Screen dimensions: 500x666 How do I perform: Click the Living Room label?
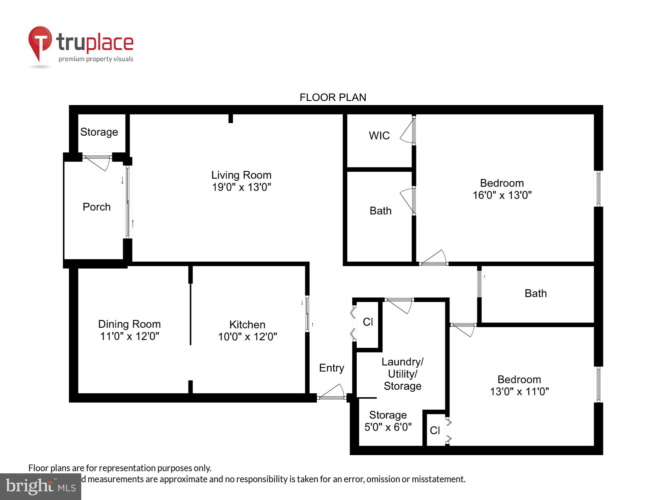click(241, 175)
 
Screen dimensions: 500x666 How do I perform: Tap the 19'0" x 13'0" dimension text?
click(241, 187)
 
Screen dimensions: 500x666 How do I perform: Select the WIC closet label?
click(379, 136)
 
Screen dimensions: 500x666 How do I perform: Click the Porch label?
click(97, 207)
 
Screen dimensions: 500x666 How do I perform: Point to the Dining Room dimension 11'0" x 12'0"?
click(130, 336)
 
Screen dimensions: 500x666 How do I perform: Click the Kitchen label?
click(247, 325)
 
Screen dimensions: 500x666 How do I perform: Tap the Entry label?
click(331, 368)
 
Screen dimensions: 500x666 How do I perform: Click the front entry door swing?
click(333, 392)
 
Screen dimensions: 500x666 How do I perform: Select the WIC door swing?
click(407, 132)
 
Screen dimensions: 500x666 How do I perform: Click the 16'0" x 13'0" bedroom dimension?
click(502, 195)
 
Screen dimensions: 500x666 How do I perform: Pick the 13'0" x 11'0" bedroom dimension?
click(519, 392)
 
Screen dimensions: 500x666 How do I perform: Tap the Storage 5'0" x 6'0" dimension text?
click(388, 427)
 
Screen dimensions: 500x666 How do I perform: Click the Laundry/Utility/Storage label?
click(402, 374)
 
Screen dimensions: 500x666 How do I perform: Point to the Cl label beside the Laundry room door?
click(368, 322)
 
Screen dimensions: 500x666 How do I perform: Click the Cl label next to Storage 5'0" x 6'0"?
click(435, 431)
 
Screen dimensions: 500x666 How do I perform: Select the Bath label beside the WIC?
click(380, 211)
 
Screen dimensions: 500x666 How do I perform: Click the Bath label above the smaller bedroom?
click(535, 293)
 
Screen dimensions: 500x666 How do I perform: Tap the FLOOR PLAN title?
click(333, 97)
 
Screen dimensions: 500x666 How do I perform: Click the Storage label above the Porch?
click(99, 132)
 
